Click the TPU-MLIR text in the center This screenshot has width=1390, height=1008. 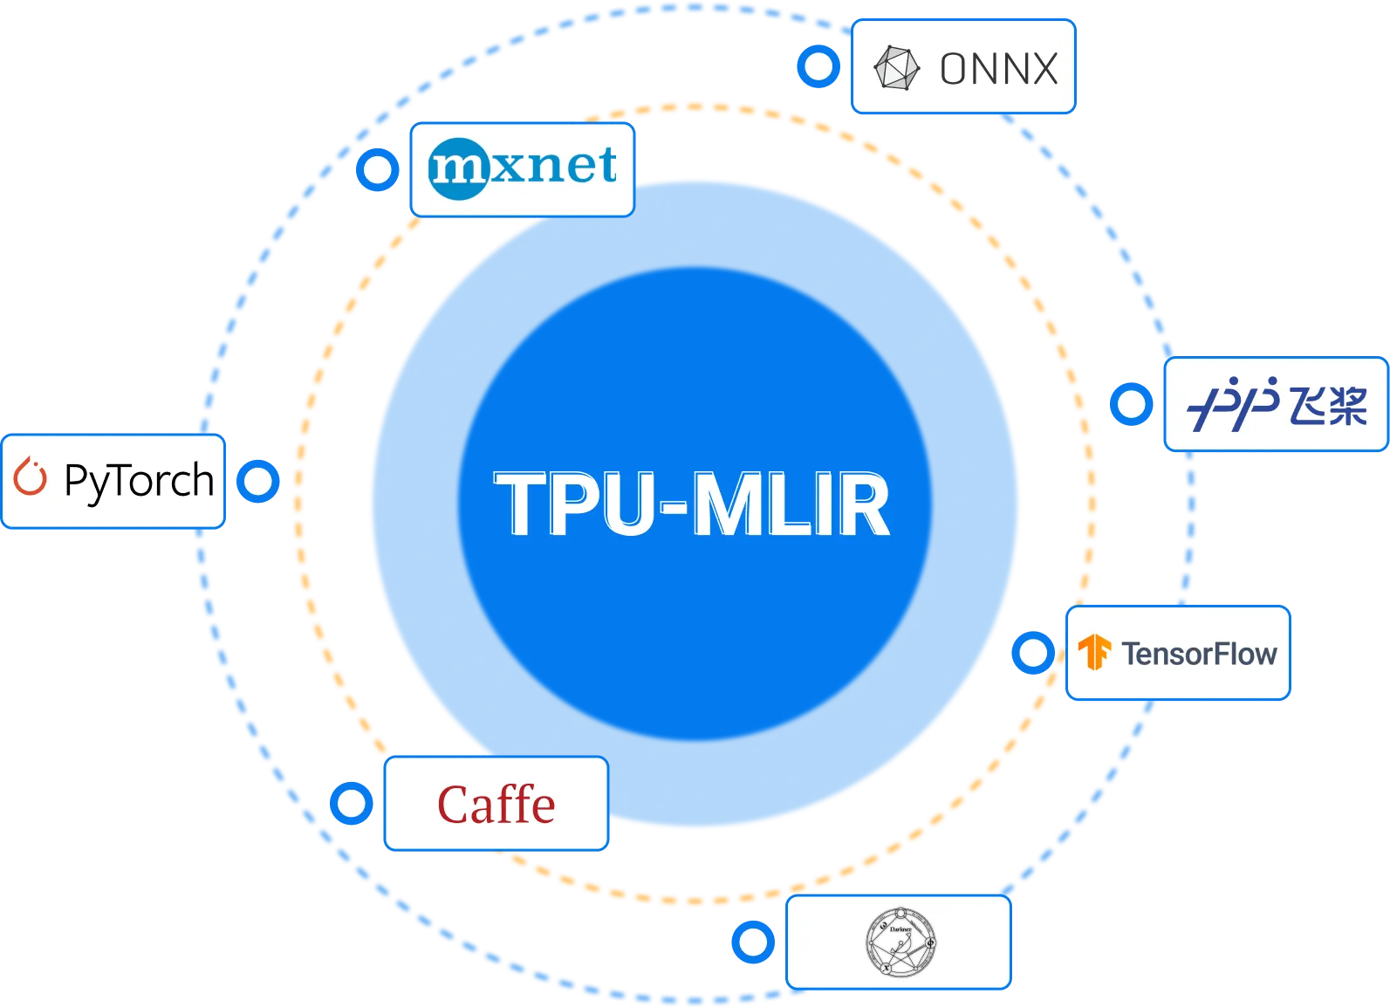pyautogui.click(x=693, y=504)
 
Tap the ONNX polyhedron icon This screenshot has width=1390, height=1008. pyautogui.click(x=897, y=68)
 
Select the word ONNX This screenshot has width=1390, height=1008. pyautogui.click(x=998, y=69)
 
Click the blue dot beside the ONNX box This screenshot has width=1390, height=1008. pyautogui.click(x=818, y=66)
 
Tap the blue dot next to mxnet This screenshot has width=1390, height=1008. pyautogui.click(x=377, y=169)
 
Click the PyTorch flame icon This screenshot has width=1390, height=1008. pyautogui.click(x=31, y=477)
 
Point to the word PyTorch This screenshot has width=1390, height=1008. pyautogui.click(x=139, y=481)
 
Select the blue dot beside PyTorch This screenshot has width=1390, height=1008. pyautogui.click(x=258, y=481)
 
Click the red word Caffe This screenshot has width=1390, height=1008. pyautogui.click(x=496, y=805)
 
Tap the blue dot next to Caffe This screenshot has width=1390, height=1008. pyautogui.click(x=352, y=803)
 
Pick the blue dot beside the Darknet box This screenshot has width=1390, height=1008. pyautogui.click(x=752, y=942)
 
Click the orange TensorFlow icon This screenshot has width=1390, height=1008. pyautogui.click(x=1094, y=653)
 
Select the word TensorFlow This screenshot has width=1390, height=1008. pyautogui.click(x=1199, y=654)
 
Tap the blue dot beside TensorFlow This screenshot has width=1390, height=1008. pyautogui.click(x=1033, y=653)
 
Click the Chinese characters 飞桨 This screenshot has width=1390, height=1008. pyautogui.click(x=1328, y=405)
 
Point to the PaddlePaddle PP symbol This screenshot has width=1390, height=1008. pyautogui.click(x=1233, y=405)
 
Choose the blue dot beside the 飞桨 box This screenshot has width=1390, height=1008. pyautogui.click(x=1132, y=404)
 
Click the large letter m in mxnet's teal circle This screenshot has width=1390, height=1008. pyautogui.click(x=457, y=168)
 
